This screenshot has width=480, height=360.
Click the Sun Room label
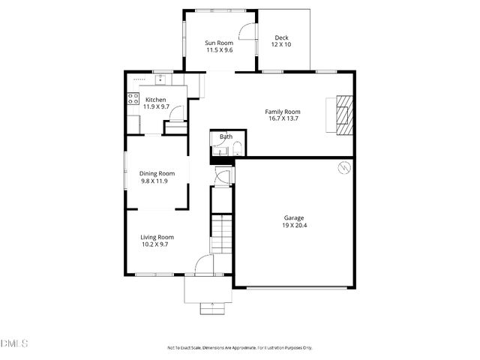point(219,43)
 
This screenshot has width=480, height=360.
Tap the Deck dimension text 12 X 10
point(281,45)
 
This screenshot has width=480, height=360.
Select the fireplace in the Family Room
point(342,115)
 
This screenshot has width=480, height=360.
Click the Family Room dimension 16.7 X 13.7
point(282,118)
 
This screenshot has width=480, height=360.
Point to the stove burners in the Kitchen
point(133,97)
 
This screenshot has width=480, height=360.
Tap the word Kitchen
point(156,100)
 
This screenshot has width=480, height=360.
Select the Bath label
point(225,136)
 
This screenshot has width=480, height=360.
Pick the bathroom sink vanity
point(218,151)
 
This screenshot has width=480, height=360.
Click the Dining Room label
point(157,173)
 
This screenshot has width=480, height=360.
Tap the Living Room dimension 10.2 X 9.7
point(155,244)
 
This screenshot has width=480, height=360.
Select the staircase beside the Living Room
point(222,232)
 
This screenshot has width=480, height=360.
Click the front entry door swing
point(204,265)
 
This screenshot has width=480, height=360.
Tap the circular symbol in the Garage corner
point(344,167)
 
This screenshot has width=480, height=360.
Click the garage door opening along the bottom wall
point(295,287)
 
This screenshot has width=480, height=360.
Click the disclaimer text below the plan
point(239,348)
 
